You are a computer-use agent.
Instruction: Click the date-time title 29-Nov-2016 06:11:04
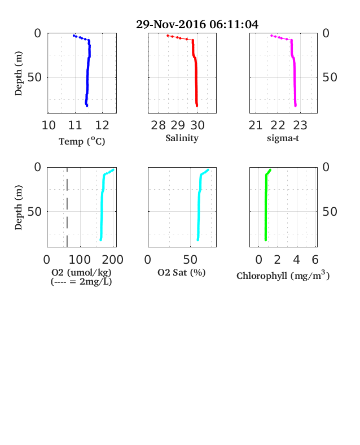click(197, 24)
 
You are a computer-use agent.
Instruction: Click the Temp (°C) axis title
click(82, 141)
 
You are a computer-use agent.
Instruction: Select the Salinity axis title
click(182, 138)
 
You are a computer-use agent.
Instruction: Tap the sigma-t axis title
click(283, 138)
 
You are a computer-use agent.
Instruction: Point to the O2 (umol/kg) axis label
click(81, 272)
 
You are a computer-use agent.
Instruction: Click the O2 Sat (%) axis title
click(182, 272)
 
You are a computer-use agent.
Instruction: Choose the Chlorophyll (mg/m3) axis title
click(283, 275)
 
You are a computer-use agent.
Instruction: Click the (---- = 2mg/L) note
click(81, 282)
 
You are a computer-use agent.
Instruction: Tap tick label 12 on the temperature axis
click(102, 125)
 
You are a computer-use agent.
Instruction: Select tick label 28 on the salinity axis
click(158, 125)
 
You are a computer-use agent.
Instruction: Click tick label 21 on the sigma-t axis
click(256, 125)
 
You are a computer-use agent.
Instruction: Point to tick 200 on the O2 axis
click(112, 260)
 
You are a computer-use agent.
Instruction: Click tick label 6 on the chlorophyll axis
click(315, 260)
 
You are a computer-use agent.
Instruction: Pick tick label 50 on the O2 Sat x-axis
click(190, 260)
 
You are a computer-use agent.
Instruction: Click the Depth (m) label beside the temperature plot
click(18, 73)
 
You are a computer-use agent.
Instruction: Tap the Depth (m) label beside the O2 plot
click(18, 207)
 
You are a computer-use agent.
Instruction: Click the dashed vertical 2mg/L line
click(67, 207)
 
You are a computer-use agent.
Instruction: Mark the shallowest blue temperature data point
click(74, 36)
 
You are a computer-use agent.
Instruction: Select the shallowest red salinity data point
click(168, 36)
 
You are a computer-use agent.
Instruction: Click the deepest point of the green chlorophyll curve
click(266, 240)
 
